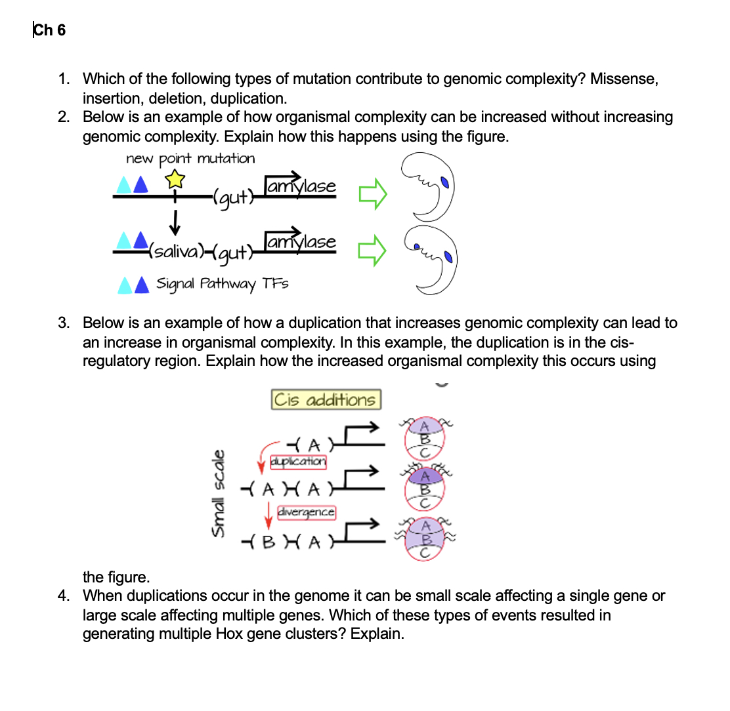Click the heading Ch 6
(x=49, y=30)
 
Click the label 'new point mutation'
(x=190, y=159)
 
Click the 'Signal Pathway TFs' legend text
(x=222, y=284)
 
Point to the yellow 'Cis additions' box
(x=326, y=399)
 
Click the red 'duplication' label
(x=298, y=461)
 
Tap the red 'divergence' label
(x=307, y=511)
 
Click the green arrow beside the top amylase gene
(x=373, y=193)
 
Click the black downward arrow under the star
(x=174, y=222)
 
